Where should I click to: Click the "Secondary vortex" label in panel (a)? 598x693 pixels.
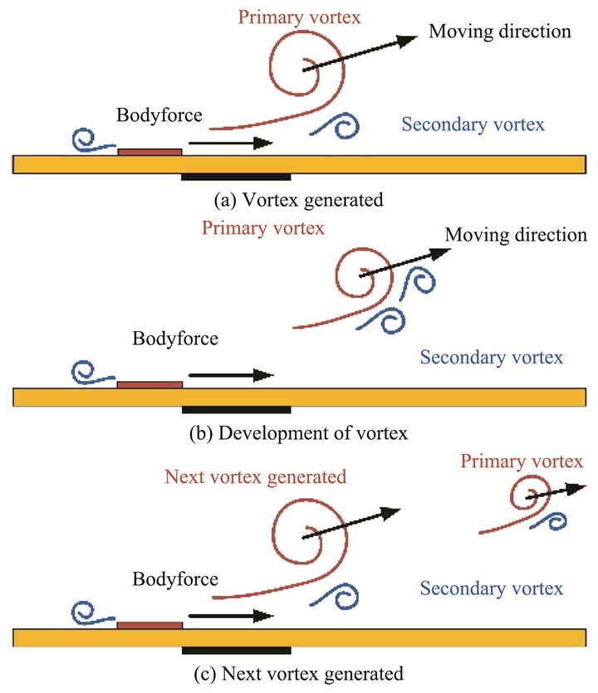[473, 124]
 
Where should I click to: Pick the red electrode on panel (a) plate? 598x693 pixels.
[149, 152]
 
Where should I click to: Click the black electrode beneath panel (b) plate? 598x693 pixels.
[236, 409]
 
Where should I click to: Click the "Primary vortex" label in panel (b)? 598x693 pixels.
[262, 227]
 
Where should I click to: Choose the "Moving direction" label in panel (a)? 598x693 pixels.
[500, 32]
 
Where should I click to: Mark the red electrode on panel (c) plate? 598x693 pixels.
[149, 625]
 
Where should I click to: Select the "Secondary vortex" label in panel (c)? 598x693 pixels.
[492, 588]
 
